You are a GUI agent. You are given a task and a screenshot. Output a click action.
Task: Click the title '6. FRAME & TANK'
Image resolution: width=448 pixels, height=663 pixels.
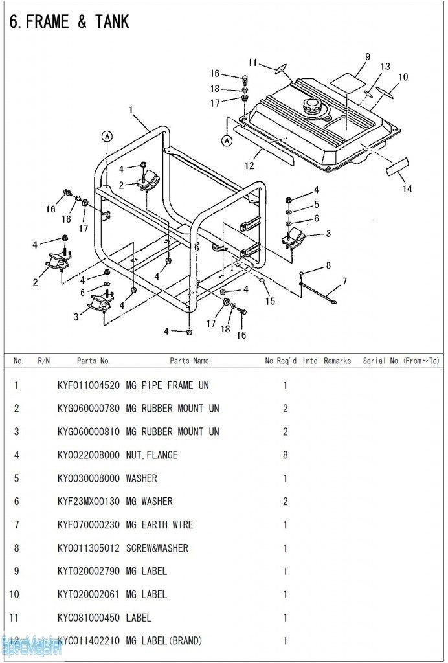click(x=69, y=21)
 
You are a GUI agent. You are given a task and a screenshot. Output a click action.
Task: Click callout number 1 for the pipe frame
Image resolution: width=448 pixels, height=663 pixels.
click(x=131, y=110)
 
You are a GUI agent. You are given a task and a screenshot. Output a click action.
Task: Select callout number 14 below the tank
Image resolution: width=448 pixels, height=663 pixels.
click(x=407, y=189)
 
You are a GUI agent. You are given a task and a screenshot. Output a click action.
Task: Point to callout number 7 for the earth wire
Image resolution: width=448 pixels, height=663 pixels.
click(x=344, y=282)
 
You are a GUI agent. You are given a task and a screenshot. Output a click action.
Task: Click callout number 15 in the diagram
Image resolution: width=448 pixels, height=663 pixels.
click(x=270, y=301)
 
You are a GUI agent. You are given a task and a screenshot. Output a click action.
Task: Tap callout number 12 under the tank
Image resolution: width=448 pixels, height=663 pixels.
click(x=250, y=165)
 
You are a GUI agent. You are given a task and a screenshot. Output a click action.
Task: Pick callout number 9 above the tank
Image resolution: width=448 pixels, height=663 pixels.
click(x=367, y=57)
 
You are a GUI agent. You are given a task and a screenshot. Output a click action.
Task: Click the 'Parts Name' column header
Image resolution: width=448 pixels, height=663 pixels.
click(x=189, y=361)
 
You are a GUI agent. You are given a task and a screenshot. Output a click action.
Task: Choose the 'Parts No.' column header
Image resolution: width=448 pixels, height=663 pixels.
click(x=93, y=361)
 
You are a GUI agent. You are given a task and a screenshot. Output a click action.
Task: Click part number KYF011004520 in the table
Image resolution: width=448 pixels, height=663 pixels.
click(x=89, y=385)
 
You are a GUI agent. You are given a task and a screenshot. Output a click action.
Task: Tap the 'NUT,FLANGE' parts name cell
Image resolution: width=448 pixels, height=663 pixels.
click(x=151, y=455)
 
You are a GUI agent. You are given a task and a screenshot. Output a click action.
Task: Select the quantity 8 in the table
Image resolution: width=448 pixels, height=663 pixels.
click(x=286, y=455)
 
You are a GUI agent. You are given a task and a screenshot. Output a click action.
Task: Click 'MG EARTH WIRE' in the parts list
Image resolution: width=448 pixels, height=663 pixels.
click(x=159, y=524)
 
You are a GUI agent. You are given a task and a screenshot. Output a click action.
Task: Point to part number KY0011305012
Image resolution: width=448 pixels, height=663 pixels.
click(x=89, y=548)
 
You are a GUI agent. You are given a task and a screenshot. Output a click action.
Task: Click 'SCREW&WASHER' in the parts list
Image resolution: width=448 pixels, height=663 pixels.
click(x=157, y=548)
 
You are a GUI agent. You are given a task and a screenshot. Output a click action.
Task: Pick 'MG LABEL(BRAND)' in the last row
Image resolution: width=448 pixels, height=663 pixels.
click(x=163, y=641)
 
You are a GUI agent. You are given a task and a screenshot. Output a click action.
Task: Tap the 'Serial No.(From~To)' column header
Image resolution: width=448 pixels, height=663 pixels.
click(x=401, y=361)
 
